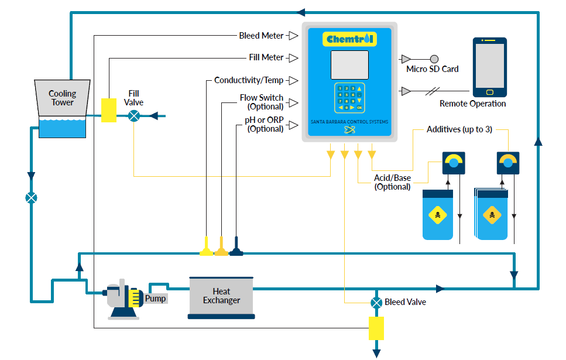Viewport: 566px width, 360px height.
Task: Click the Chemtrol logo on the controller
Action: coord(349,39)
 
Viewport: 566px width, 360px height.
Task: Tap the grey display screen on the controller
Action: coord(349,65)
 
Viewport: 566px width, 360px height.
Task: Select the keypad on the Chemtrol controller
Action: coord(349,97)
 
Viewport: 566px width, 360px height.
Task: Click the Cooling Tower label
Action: coord(62,98)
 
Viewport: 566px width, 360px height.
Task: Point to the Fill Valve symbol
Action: coord(135,116)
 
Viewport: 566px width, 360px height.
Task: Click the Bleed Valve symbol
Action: coord(376,303)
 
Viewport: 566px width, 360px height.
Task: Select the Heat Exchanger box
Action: coord(221,296)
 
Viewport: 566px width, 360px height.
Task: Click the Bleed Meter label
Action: coord(261,36)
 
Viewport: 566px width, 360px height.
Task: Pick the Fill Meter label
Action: coord(266,57)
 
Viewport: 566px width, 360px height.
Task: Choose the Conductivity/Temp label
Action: coord(248,80)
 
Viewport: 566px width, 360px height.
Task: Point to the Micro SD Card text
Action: coord(432,69)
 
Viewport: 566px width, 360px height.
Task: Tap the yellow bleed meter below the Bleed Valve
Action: coord(376,328)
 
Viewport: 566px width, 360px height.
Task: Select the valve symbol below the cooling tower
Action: coord(32,198)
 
